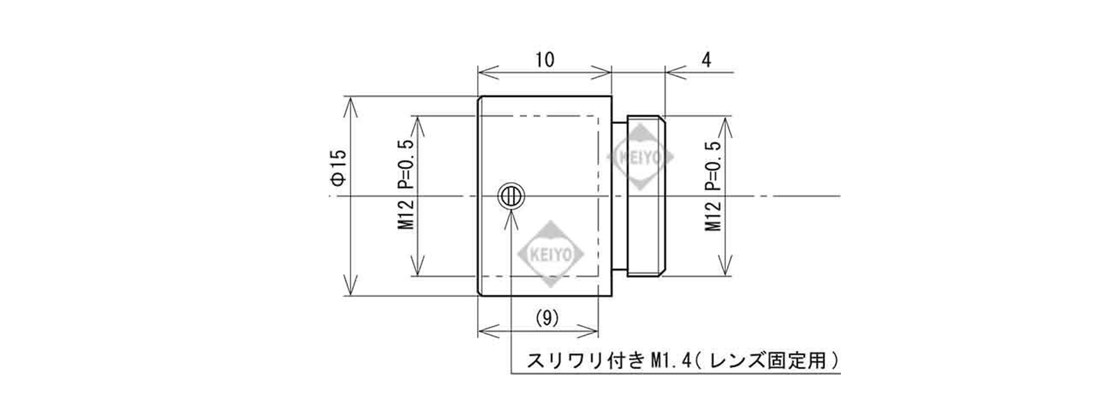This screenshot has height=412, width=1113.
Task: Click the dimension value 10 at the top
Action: [545, 60]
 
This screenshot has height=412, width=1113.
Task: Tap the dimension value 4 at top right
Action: [706, 60]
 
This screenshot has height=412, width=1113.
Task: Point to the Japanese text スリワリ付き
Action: [584, 360]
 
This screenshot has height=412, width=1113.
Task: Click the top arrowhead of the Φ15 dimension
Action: [350, 108]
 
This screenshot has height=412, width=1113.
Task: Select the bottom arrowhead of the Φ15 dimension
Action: [350, 285]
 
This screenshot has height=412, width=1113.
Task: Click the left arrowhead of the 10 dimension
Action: [490, 73]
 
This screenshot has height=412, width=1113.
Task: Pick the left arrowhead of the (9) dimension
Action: [490, 331]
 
